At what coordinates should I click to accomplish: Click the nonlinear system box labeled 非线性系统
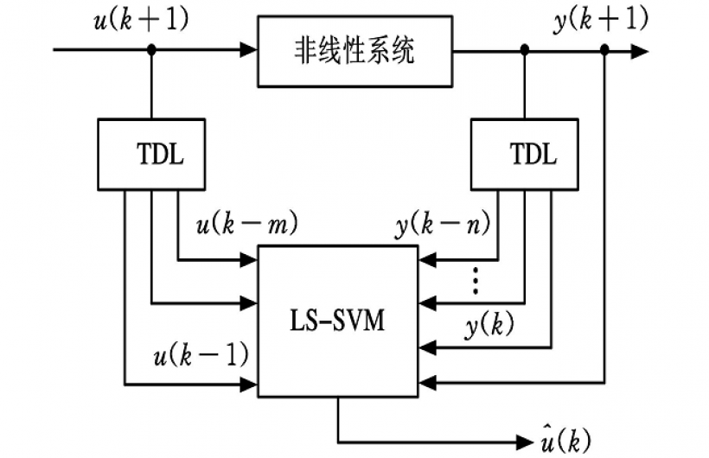coord(354,51)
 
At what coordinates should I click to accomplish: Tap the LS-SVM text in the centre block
coord(336,322)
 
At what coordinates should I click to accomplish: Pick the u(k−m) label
coord(246,226)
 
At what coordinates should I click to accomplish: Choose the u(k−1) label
coord(201,353)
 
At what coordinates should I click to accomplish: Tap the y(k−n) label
coord(442,226)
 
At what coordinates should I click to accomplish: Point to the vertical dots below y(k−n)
coord(474,280)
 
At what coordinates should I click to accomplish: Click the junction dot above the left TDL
coord(151,51)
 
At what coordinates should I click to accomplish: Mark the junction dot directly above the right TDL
coord(524,51)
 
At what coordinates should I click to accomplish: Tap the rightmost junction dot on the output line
coord(604,51)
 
